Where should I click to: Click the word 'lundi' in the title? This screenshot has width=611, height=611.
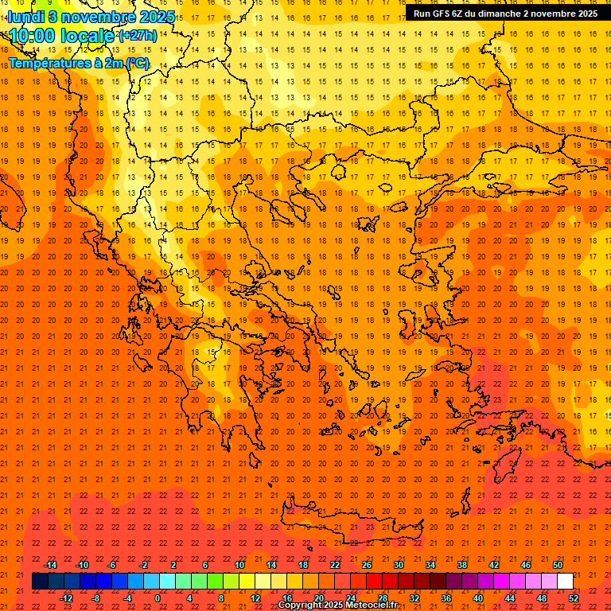pos(25,16)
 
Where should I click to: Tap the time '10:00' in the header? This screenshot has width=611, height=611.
pos(36,36)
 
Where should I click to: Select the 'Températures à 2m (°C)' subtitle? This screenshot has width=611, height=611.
pos(79,63)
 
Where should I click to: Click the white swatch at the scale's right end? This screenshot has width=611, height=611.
pos(565,582)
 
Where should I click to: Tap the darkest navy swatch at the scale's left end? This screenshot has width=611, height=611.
pos(40,582)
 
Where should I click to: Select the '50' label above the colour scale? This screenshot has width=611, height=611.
pos(558,565)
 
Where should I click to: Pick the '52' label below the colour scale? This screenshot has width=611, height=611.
pos(574,598)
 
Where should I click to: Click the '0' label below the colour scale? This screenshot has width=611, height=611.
pos(157,598)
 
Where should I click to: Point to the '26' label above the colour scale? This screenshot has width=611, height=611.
pos(367,565)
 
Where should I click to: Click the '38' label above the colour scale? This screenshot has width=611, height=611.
pos(462,565)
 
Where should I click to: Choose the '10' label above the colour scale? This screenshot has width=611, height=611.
pos(239,565)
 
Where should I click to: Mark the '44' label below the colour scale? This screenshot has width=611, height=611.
pos(510,598)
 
